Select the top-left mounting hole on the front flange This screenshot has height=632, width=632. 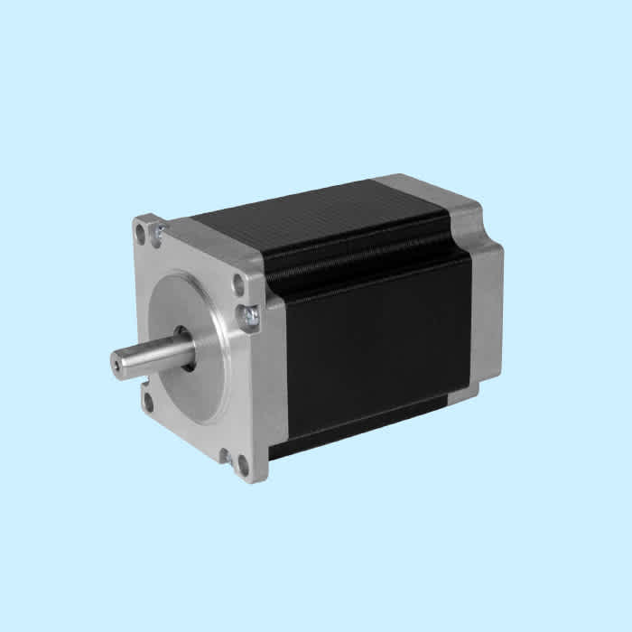141,232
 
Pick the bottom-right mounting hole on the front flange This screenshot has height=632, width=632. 243,464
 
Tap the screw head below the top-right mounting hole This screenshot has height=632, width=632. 248,315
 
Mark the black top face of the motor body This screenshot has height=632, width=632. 316,217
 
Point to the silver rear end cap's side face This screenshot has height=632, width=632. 488,307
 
